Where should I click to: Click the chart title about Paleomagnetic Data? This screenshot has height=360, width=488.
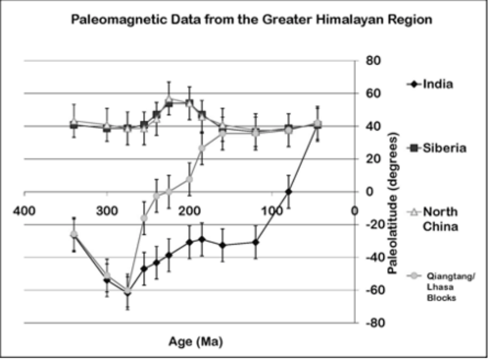click(251, 20)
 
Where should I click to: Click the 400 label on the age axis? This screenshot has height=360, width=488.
click(24, 211)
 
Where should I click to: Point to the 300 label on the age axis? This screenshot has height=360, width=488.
click(106, 211)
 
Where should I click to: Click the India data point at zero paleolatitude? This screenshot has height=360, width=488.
click(289, 191)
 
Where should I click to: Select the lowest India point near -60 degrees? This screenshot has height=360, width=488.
click(128, 293)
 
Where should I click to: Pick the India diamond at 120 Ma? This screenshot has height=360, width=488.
click(255, 242)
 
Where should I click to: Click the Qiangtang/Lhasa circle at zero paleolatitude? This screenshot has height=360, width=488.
click(169, 192)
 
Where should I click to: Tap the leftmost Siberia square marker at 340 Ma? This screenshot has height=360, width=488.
click(74, 125)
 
